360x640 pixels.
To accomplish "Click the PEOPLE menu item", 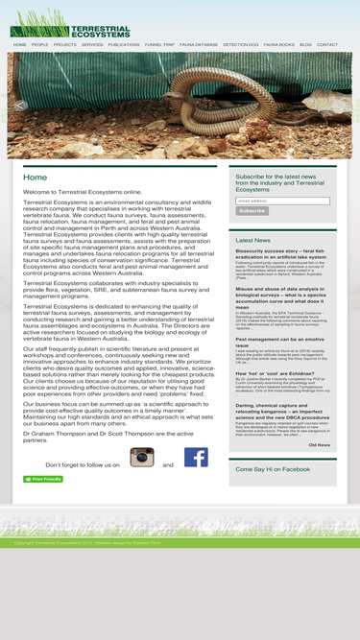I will click(x=39, y=45).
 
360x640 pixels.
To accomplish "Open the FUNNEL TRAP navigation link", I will click(x=159, y=45).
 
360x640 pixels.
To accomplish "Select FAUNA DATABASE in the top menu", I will click(x=199, y=45).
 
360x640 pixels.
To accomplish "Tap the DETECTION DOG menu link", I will click(x=240, y=45).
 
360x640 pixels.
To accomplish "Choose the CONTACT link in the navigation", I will click(x=327, y=45).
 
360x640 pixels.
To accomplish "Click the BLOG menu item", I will click(x=305, y=45).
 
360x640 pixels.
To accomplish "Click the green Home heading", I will click(x=35, y=178).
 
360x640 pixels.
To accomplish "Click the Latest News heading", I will click(x=252, y=240).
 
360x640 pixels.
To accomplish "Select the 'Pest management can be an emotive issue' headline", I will click(x=279, y=342).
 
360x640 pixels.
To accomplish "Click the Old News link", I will click(x=319, y=444).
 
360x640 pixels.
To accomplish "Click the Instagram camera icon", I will click(x=142, y=457).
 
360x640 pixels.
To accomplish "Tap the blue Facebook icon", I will click(x=196, y=457).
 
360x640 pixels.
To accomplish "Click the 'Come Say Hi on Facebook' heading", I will click(x=273, y=469).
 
